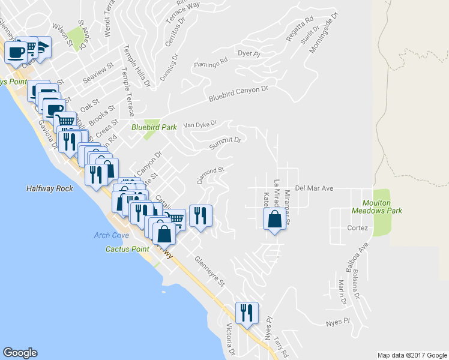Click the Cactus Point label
pyautogui.click(x=127, y=248)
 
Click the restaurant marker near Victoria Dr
pyautogui.click(x=247, y=313)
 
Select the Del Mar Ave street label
pyautogui.click(x=314, y=188)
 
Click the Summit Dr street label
pyautogui.click(x=225, y=143)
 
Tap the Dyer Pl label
pyautogui.click(x=248, y=54)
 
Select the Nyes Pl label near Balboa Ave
pyautogui.click(x=337, y=322)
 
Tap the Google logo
pyautogui.click(x=20, y=353)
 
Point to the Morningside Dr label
pyautogui.click(x=321, y=37)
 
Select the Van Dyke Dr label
pyautogui.click(x=199, y=125)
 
